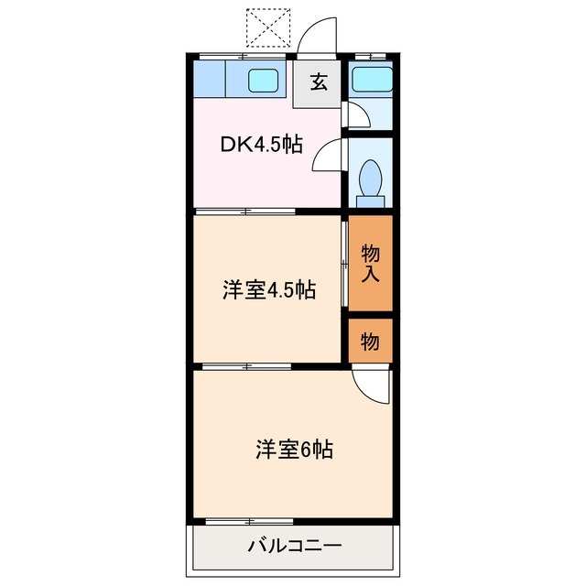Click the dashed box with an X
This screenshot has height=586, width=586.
pyautogui.click(x=268, y=26)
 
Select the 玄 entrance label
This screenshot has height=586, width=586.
pyautogui.click(x=318, y=82)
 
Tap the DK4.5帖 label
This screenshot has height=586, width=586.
pyautogui.click(x=260, y=145)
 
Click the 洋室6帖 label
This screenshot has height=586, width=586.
pyautogui.click(x=293, y=450)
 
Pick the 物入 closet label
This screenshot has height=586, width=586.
pyautogui.click(x=371, y=262)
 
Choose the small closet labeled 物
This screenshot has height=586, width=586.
pyautogui.click(x=370, y=341)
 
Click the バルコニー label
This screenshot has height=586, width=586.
pyautogui.click(x=294, y=547)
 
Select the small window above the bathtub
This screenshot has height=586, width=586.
pyautogui.click(x=370, y=57)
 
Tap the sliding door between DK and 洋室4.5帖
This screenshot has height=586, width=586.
pyautogui.click(x=245, y=212)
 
